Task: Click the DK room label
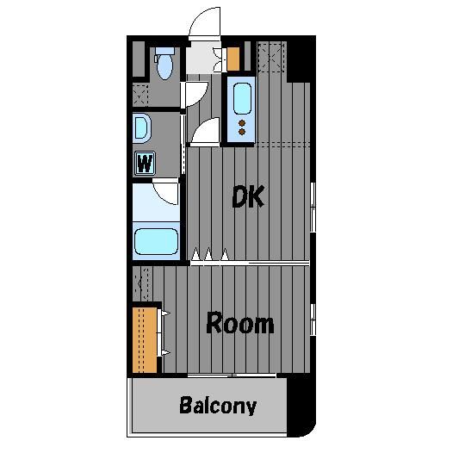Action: (248, 196)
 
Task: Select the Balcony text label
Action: (218, 406)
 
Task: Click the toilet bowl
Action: (164, 67)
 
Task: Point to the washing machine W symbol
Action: (145, 163)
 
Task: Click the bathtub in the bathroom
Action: (156, 241)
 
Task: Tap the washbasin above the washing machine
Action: (142, 128)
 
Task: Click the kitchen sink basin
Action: (242, 99)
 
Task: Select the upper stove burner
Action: (242, 123)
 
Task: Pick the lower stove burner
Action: (242, 132)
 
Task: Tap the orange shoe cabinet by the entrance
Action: (233, 59)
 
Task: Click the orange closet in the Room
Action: (145, 340)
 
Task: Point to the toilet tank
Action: (164, 51)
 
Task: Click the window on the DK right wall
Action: (313, 207)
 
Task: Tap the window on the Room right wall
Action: (313, 320)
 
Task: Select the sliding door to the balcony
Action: (232, 375)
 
